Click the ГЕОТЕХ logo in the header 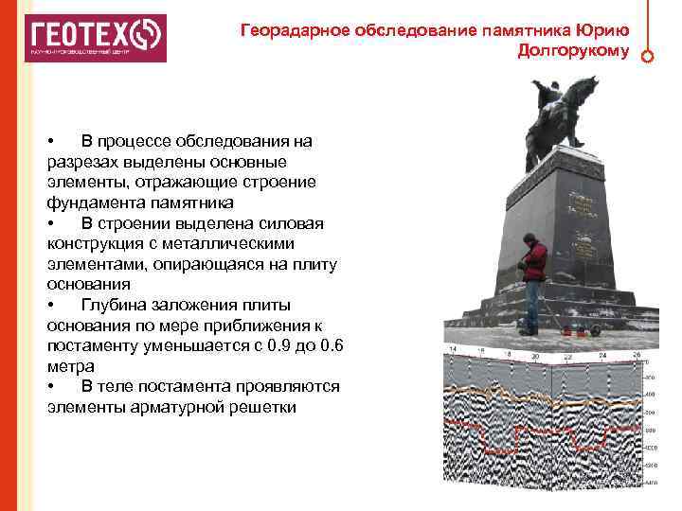95,38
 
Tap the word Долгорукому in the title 573,50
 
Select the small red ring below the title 647,56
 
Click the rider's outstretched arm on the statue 540,91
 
